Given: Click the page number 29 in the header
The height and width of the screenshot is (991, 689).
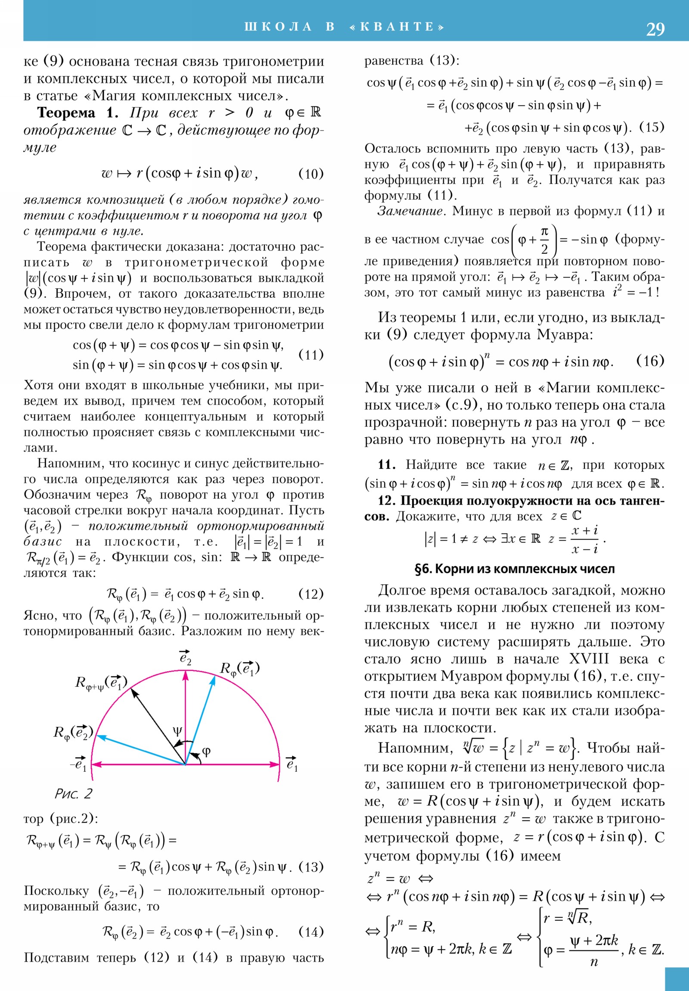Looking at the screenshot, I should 655,29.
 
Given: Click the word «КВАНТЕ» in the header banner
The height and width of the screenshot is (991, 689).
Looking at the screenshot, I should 397,27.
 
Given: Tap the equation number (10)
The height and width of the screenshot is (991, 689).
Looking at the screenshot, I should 310,174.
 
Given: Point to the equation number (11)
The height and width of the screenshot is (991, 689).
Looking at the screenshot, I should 310,355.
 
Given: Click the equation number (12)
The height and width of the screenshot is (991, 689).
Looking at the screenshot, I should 310,594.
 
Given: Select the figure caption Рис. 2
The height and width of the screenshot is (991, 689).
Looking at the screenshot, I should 73,793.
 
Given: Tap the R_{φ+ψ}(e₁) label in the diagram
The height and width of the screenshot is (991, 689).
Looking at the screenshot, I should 101,683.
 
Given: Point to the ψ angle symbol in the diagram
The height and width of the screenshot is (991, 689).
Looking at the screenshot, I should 177,730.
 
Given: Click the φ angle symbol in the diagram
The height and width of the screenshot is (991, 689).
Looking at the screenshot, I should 206,751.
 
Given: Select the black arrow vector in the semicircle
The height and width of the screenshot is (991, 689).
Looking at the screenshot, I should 158,726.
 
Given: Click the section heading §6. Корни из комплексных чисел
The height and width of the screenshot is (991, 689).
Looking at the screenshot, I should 514,569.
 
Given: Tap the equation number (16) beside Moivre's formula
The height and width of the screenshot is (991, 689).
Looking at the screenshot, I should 650,361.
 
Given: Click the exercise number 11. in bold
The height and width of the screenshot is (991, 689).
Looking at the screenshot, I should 387,465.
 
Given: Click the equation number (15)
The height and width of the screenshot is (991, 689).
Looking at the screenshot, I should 652,128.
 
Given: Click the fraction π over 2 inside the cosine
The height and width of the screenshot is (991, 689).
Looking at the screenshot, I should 544,240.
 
